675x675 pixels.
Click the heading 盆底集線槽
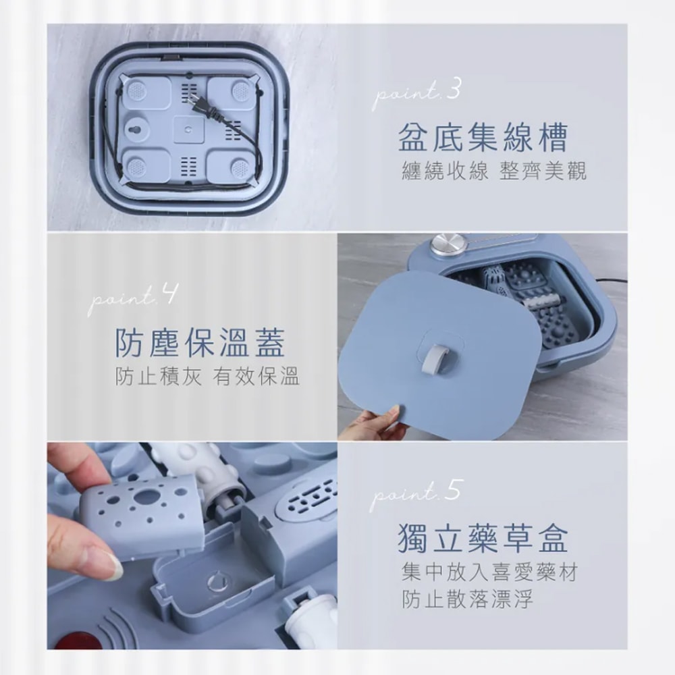pyautogui.click(x=483, y=137)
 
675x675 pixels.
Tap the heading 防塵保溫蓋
pyautogui.click(x=199, y=342)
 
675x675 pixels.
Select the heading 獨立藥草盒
pyautogui.click(x=483, y=537)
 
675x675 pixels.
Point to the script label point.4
pyautogui.click(x=133, y=298)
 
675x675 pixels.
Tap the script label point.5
pyautogui.click(x=416, y=493)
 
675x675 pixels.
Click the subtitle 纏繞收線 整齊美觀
pyautogui.click(x=493, y=171)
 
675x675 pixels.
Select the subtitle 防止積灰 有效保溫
pyautogui.click(x=207, y=377)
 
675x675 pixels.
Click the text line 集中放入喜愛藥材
pyautogui.click(x=489, y=574)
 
